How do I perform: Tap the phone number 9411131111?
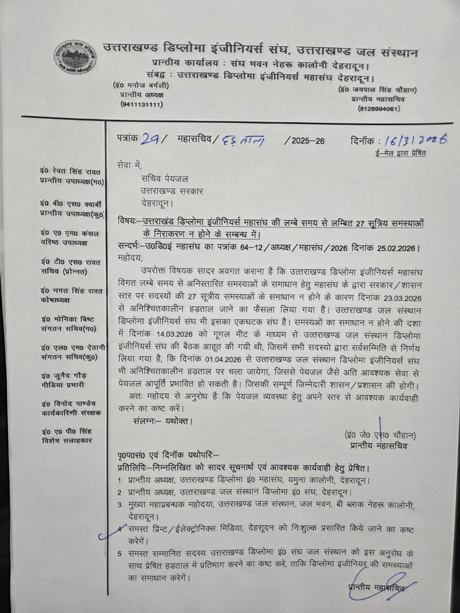(141, 104)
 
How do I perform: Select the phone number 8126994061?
(379, 109)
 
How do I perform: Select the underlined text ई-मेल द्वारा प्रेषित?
(400, 154)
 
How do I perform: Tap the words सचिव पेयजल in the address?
(164, 179)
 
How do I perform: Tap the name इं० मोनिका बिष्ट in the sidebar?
(67, 320)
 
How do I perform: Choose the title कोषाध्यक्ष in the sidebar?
(56, 300)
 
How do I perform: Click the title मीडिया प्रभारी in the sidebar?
(63, 385)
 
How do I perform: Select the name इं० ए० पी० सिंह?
(67, 431)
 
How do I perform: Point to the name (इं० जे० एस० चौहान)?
(380, 436)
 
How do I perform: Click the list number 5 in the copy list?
(120, 554)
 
